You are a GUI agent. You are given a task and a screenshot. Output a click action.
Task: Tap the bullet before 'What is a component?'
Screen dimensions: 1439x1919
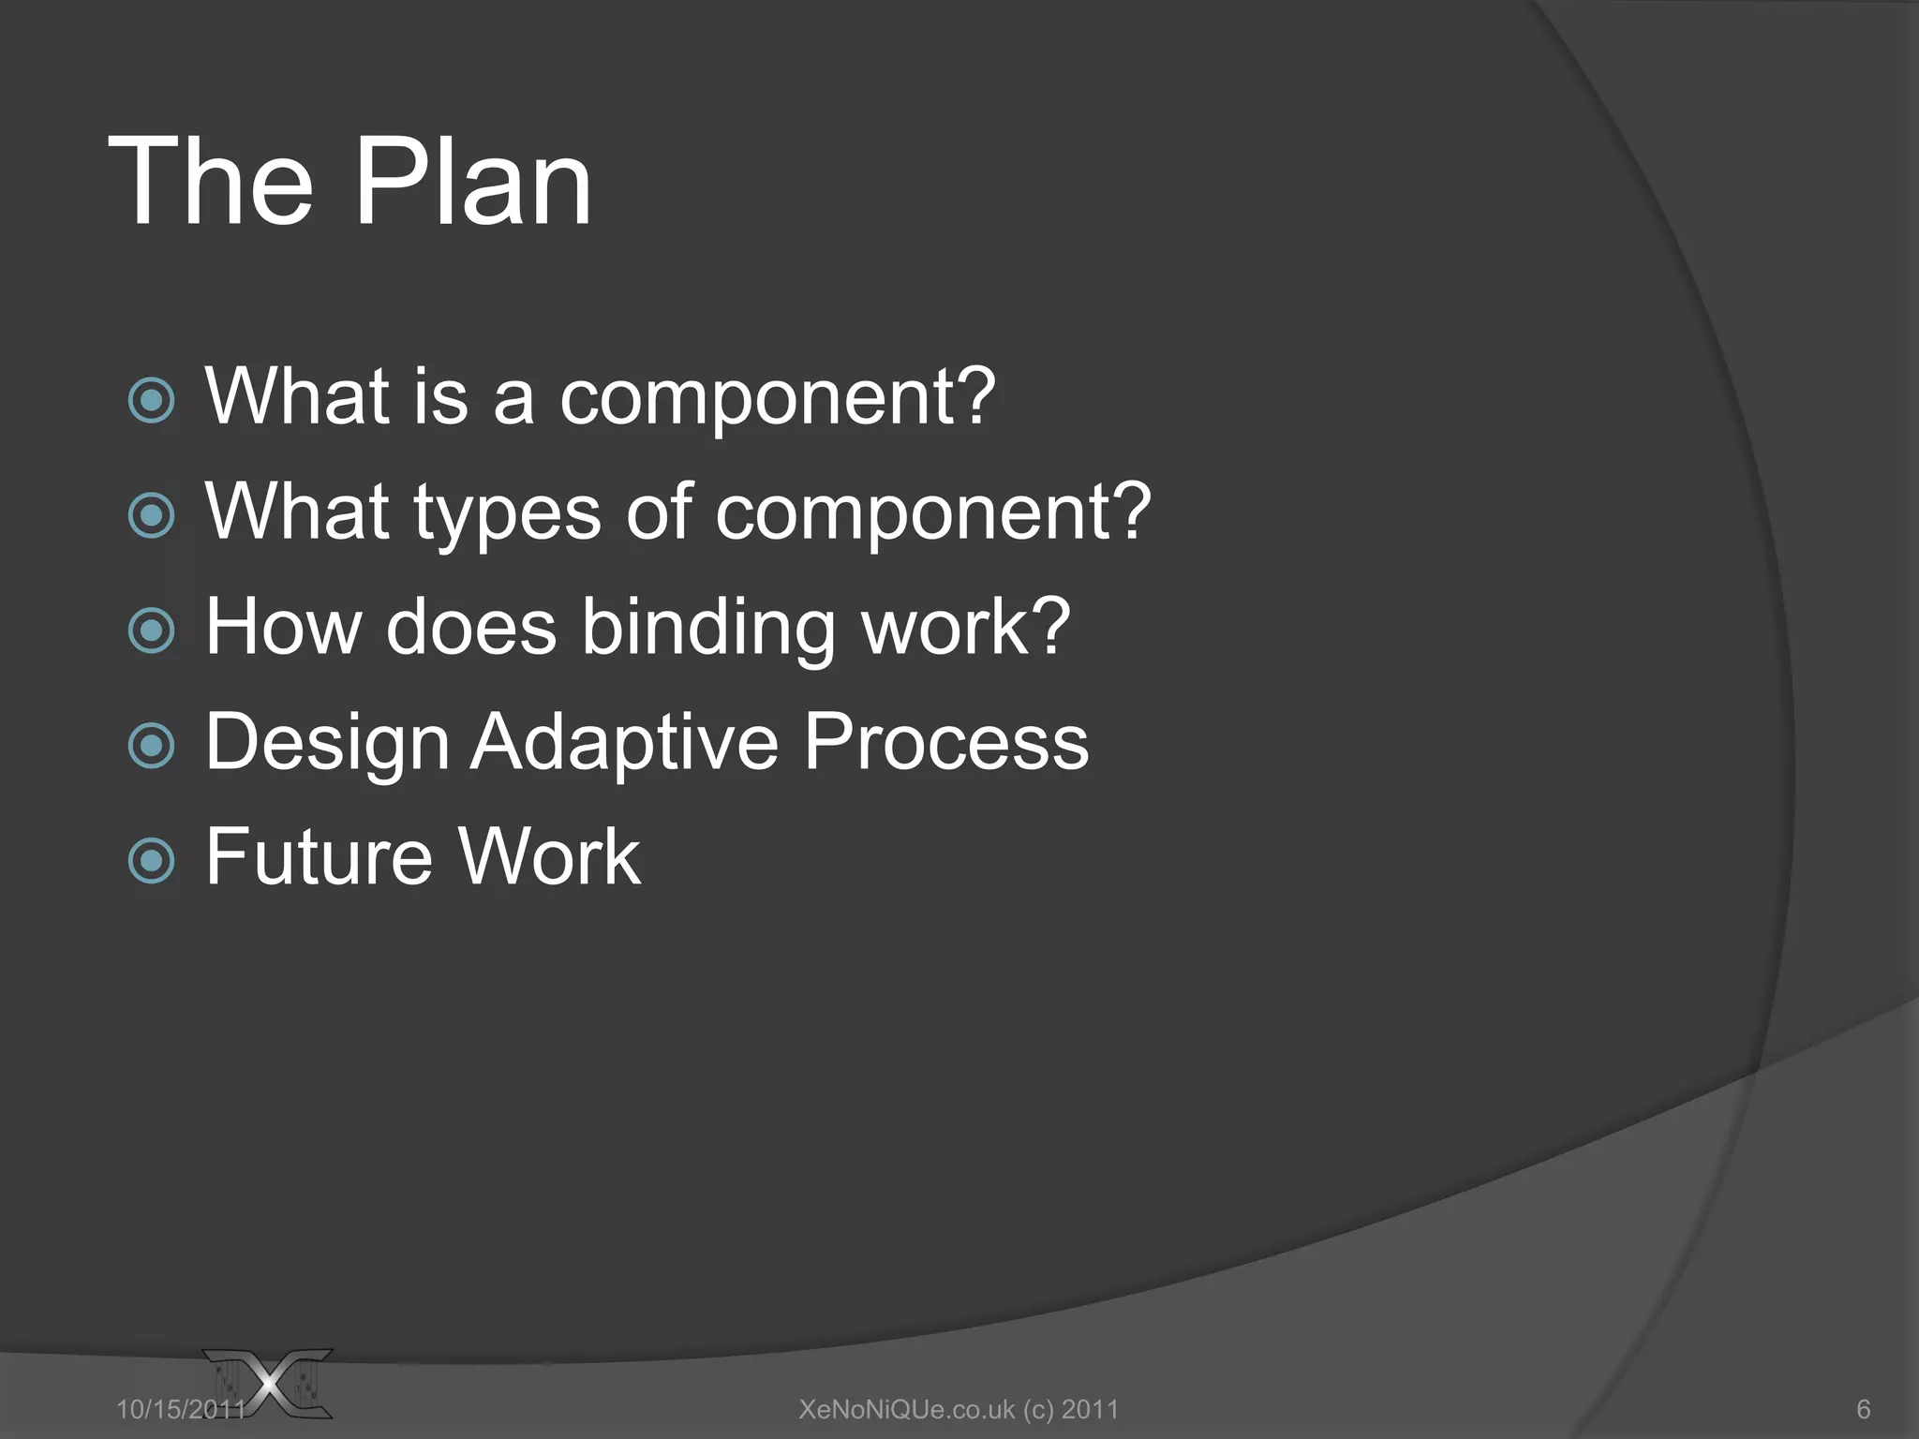pos(151,401)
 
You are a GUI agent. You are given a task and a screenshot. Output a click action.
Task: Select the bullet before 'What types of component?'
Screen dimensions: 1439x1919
pos(151,515)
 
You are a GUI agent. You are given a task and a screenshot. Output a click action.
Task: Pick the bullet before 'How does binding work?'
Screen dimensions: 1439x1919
pos(151,630)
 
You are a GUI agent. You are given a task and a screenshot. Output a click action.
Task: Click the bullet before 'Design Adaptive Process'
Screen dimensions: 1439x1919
pos(151,746)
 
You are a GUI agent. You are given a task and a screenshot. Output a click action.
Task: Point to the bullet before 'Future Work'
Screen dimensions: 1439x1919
pos(151,861)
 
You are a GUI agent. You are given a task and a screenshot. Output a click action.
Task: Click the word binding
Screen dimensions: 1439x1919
pos(707,628)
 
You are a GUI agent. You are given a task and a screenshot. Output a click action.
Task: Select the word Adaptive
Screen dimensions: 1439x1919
pos(624,742)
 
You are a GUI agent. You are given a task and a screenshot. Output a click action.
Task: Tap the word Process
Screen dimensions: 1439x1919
pos(946,742)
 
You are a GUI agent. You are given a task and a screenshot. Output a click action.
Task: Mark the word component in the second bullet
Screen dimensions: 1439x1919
pos(932,513)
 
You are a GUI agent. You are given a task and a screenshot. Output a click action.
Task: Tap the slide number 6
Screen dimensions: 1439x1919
pos(1863,1409)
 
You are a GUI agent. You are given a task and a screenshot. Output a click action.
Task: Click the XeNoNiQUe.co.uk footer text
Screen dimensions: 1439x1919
pos(959,1409)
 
